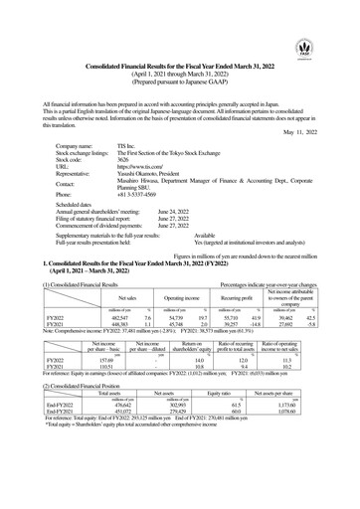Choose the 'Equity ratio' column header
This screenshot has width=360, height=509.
tap(232, 390)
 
